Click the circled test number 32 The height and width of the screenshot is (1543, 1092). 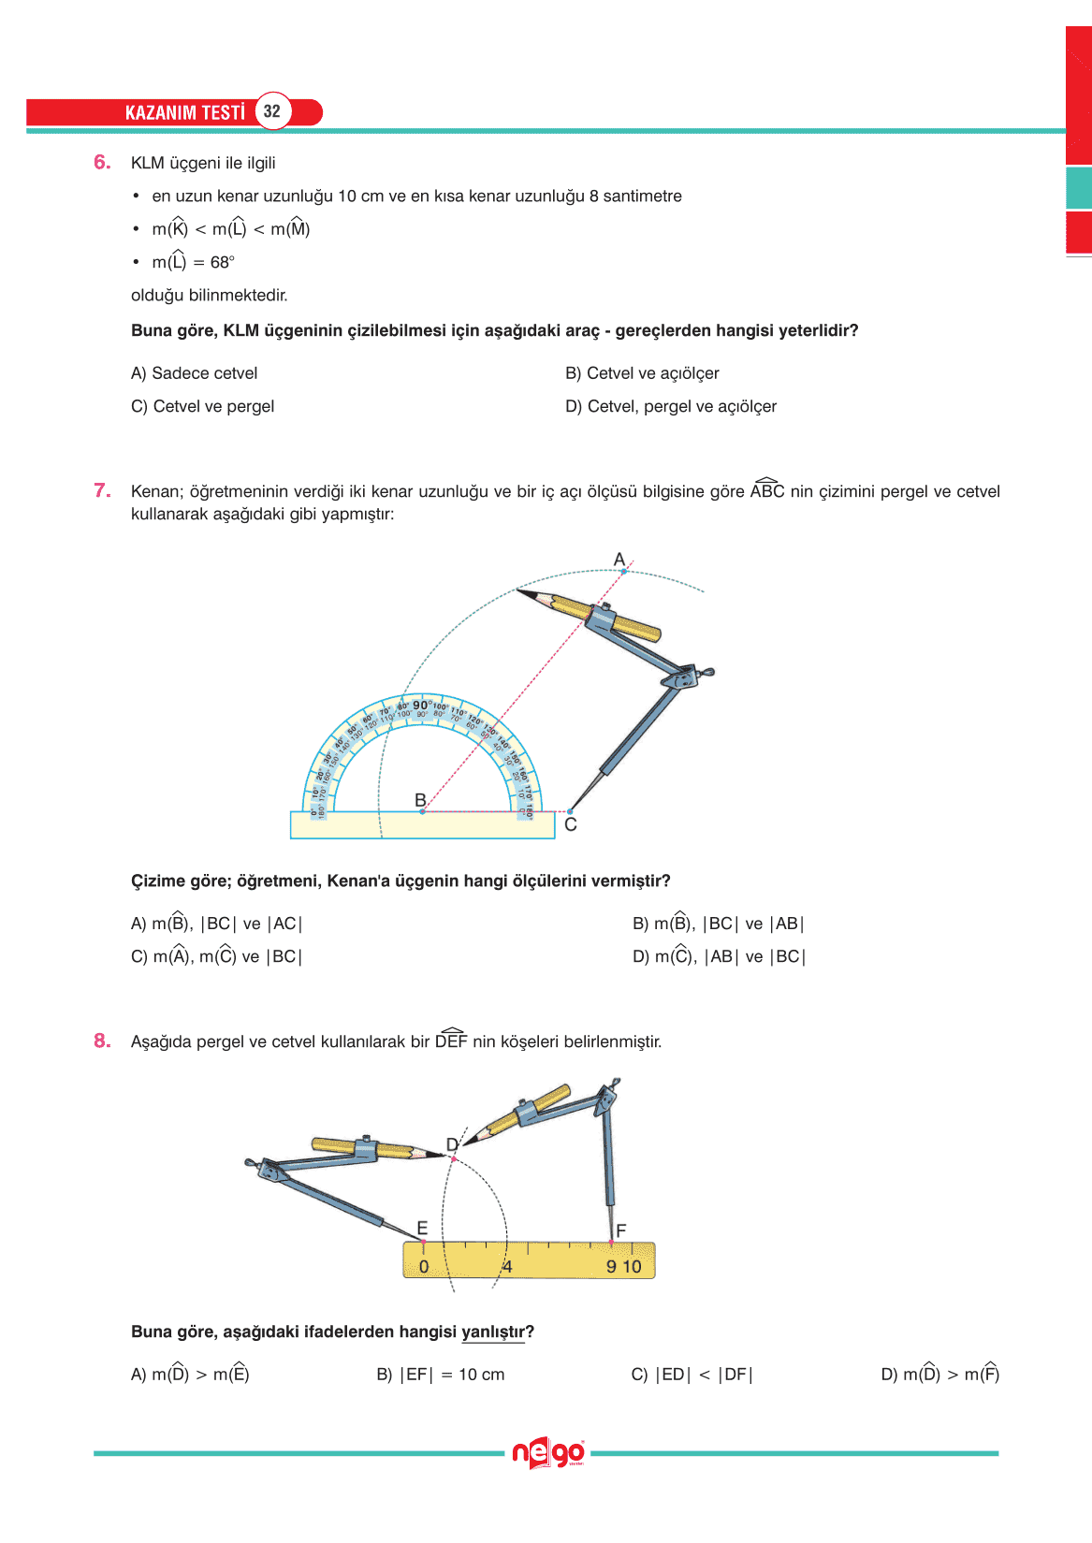pos(272,111)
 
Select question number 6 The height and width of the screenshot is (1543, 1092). pos(102,163)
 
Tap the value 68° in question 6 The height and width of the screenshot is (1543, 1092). pos(222,263)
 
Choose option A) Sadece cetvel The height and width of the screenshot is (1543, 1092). pos(195,373)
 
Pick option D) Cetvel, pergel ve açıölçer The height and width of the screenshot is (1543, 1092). pos(671,407)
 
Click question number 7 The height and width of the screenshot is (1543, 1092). pos(102,491)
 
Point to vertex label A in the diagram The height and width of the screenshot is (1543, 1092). pos(619,560)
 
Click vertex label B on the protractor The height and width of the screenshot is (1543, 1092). pos(420,800)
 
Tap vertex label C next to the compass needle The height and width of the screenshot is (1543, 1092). pos(571,824)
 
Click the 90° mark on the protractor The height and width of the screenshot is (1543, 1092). pos(422,706)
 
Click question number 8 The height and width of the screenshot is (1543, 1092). pos(102,1041)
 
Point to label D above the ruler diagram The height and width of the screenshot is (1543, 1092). pos(452,1144)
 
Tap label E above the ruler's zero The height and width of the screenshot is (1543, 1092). pos(422,1228)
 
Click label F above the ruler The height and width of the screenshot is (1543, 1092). pos(620,1230)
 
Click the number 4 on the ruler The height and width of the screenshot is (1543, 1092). pos(507,1267)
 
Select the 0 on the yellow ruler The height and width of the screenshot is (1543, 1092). pos(424,1267)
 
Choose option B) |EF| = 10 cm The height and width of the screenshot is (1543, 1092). pos(441,1375)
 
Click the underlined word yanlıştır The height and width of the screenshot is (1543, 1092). pos(494,1332)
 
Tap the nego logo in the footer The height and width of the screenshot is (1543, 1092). pos(548,1454)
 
